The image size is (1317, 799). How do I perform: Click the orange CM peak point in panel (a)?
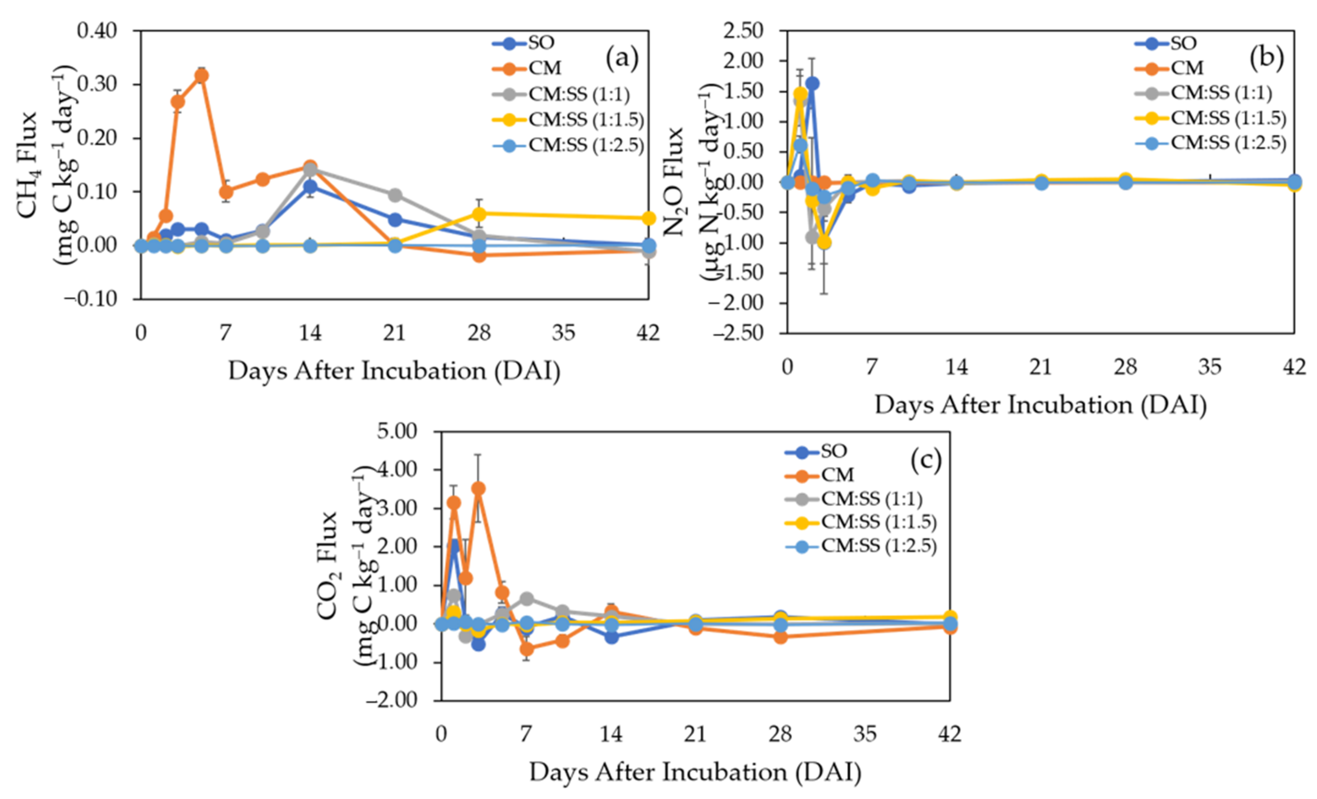click(202, 76)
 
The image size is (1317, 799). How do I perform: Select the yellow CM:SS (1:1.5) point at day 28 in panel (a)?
click(479, 214)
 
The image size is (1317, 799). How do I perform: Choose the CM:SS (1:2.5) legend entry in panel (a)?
click(568, 145)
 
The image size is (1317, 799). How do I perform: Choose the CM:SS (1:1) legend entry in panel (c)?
click(854, 498)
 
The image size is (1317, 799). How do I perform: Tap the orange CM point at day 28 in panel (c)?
click(780, 637)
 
